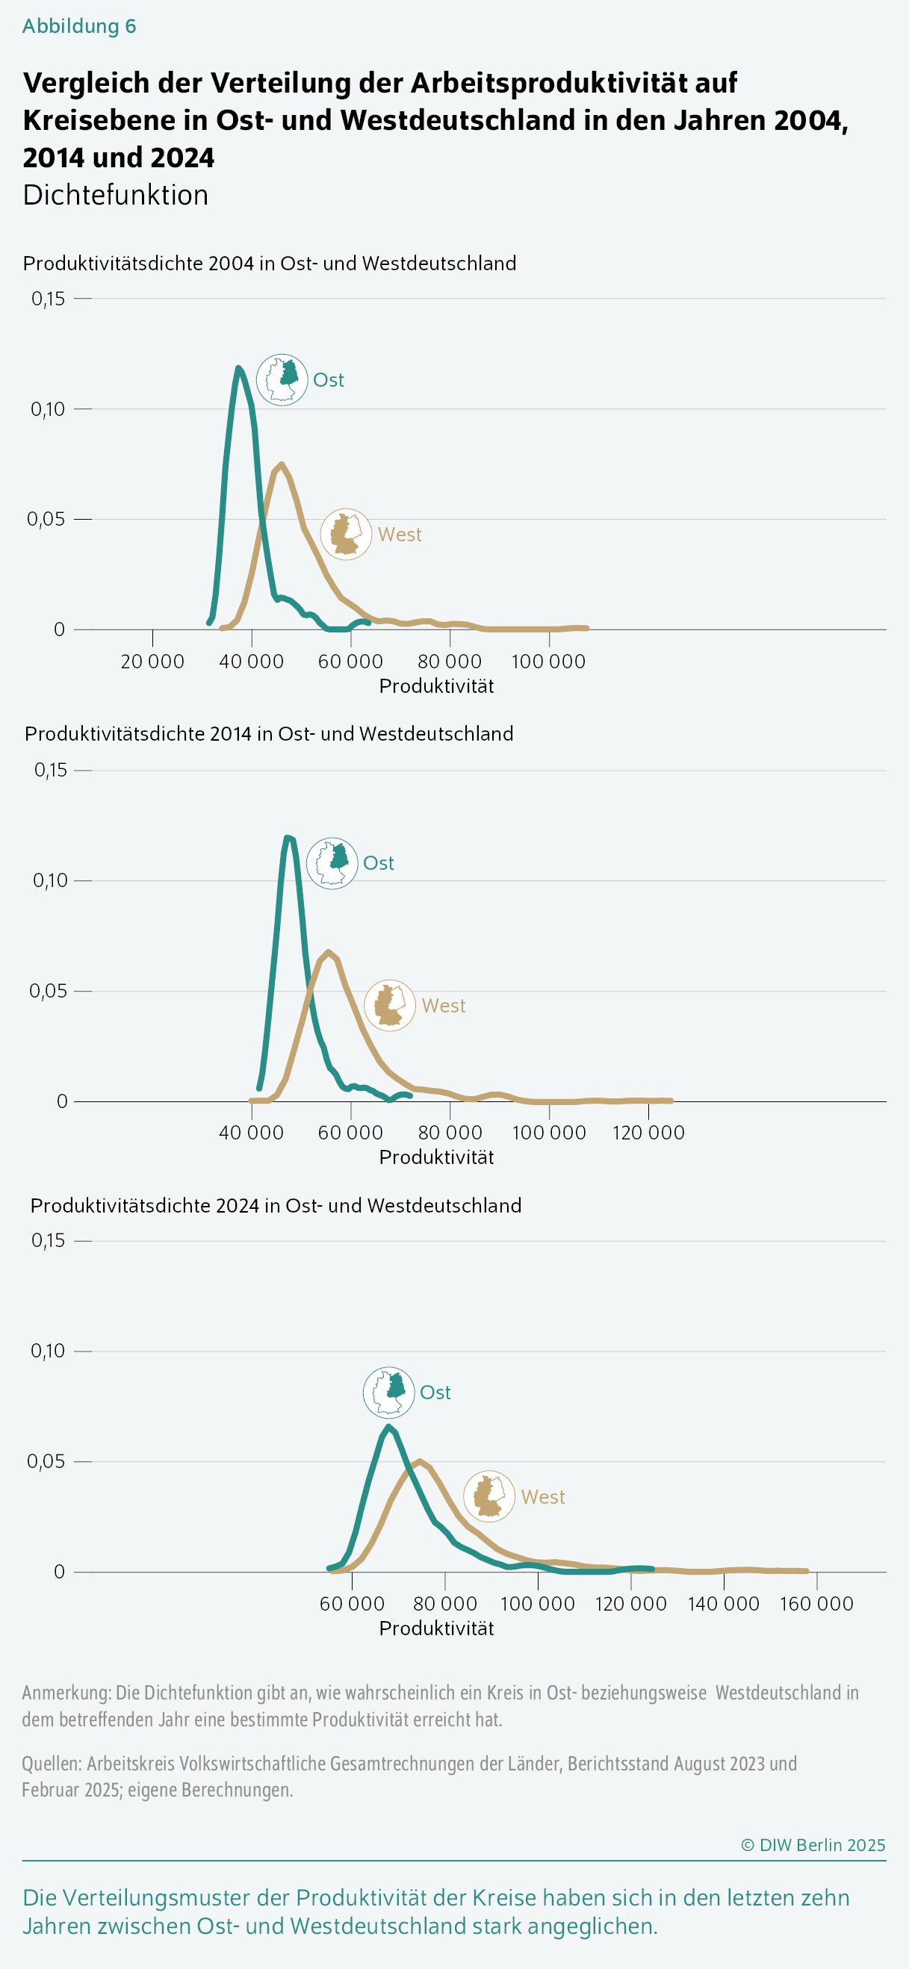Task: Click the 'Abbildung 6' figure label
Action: pyautogui.click(x=78, y=26)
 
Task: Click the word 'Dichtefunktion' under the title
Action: pyautogui.click(x=116, y=195)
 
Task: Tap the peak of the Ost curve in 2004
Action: pyautogui.click(x=238, y=368)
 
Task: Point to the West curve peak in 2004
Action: pyautogui.click(x=282, y=464)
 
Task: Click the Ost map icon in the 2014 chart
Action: pyautogui.click(x=332, y=863)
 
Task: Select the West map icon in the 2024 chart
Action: pyautogui.click(x=489, y=1496)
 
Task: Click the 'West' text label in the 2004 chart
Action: pyautogui.click(x=399, y=535)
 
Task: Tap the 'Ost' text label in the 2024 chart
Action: pyautogui.click(x=435, y=1392)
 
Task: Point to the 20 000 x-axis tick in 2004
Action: pyautogui.click(x=152, y=661)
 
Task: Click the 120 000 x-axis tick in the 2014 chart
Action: pyautogui.click(x=648, y=1132)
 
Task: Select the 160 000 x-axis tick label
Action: pyautogui.click(x=816, y=1603)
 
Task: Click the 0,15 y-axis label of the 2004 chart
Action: pyautogui.click(x=48, y=299)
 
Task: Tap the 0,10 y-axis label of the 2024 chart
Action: pyautogui.click(x=48, y=1351)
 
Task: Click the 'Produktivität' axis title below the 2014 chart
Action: pyautogui.click(x=435, y=1157)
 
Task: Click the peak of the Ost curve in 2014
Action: pyautogui.click(x=288, y=838)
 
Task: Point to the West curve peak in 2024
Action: pyautogui.click(x=420, y=1461)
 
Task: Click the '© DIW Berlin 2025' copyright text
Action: pyautogui.click(x=813, y=1844)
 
